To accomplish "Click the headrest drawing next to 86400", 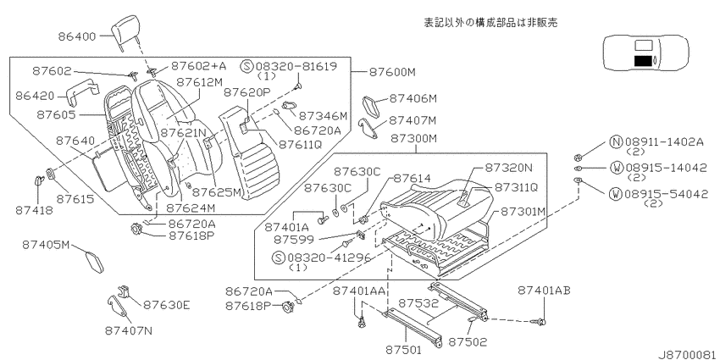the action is click(x=125, y=29).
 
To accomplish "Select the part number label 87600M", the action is click(x=391, y=73).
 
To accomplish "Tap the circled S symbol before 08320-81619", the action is click(x=246, y=66).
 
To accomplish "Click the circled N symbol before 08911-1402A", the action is click(x=616, y=142).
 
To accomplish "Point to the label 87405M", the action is click(x=46, y=245).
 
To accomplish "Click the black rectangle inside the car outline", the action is click(x=643, y=60).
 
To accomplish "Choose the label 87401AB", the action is click(x=544, y=291).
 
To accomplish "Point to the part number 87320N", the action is click(x=509, y=168).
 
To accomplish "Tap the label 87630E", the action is click(x=167, y=304).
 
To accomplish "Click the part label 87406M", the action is click(x=413, y=98).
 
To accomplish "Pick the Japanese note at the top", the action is click(x=490, y=23).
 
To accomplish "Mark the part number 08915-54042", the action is click(x=665, y=194).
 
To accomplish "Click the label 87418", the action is click(x=35, y=210).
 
